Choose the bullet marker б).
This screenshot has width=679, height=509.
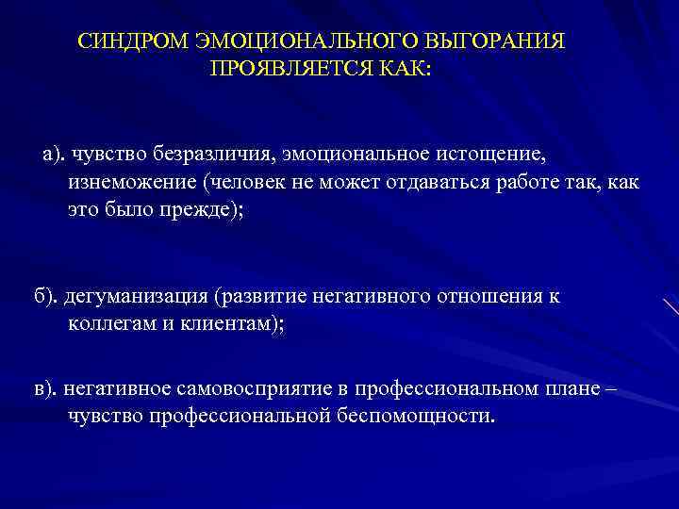[x=47, y=297]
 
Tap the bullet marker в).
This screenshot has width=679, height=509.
[x=47, y=389]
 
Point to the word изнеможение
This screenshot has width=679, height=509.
[x=126, y=181]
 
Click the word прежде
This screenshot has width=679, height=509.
[x=200, y=208]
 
